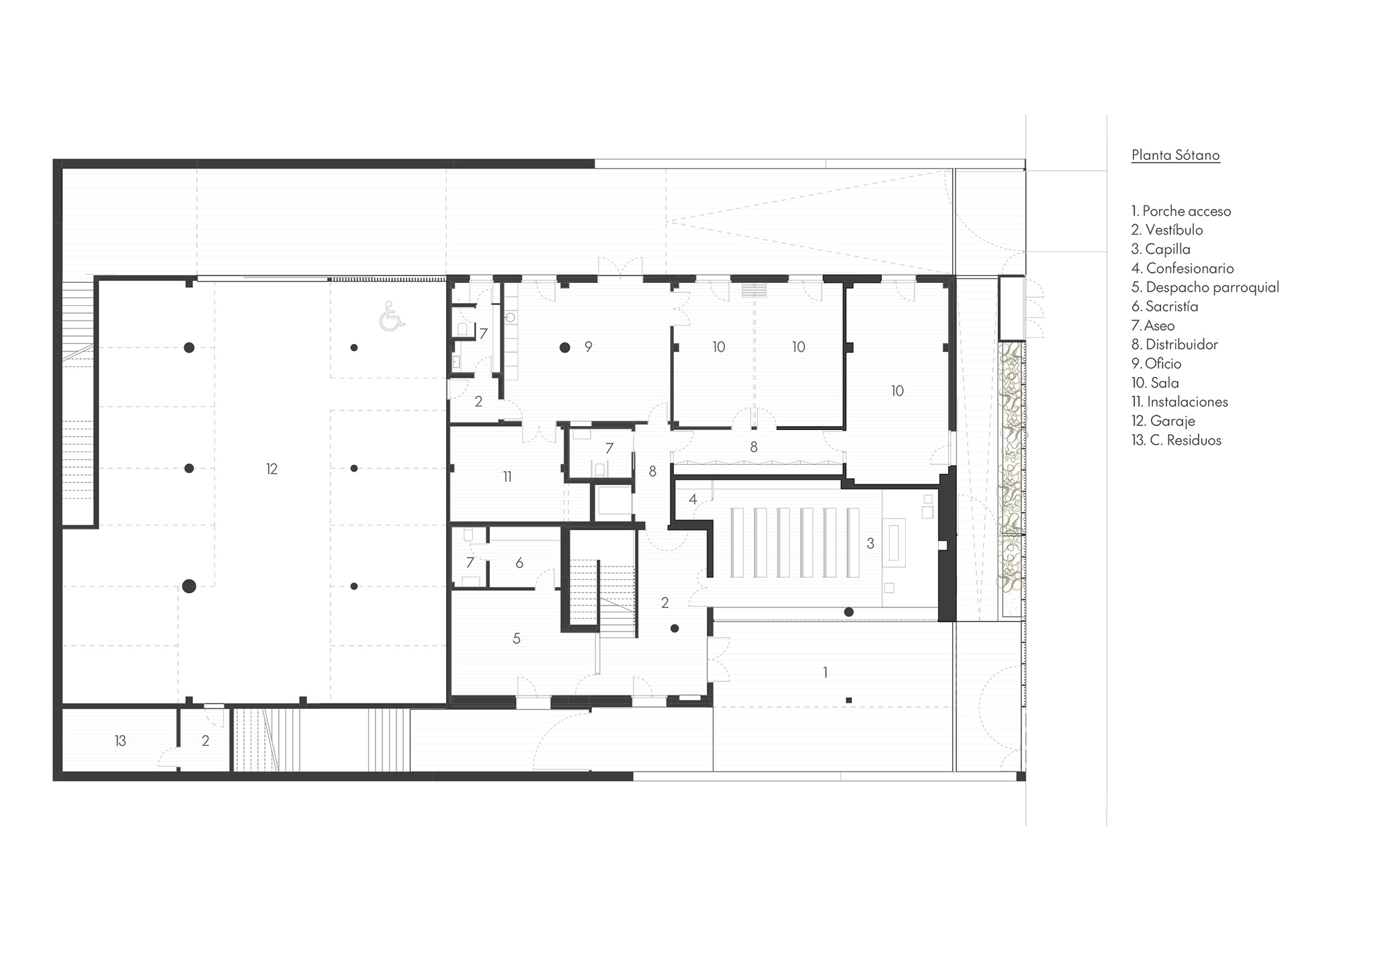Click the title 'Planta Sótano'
(x=1175, y=155)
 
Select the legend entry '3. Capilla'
(x=1161, y=249)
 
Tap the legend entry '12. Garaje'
(x=1163, y=421)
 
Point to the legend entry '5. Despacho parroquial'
(x=1205, y=288)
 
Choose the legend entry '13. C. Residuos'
(x=1176, y=440)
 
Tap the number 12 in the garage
(x=271, y=469)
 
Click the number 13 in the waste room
(x=120, y=741)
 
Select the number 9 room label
(x=589, y=347)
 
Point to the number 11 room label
(x=507, y=476)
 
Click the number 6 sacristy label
(x=519, y=563)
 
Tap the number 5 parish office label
(x=517, y=638)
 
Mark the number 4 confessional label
(x=693, y=499)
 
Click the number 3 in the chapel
(x=871, y=544)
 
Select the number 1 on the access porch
(x=825, y=672)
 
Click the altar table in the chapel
(x=894, y=543)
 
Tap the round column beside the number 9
(x=565, y=347)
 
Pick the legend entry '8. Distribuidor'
(x=1175, y=345)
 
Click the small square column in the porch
(x=849, y=700)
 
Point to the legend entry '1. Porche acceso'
(x=1181, y=212)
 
